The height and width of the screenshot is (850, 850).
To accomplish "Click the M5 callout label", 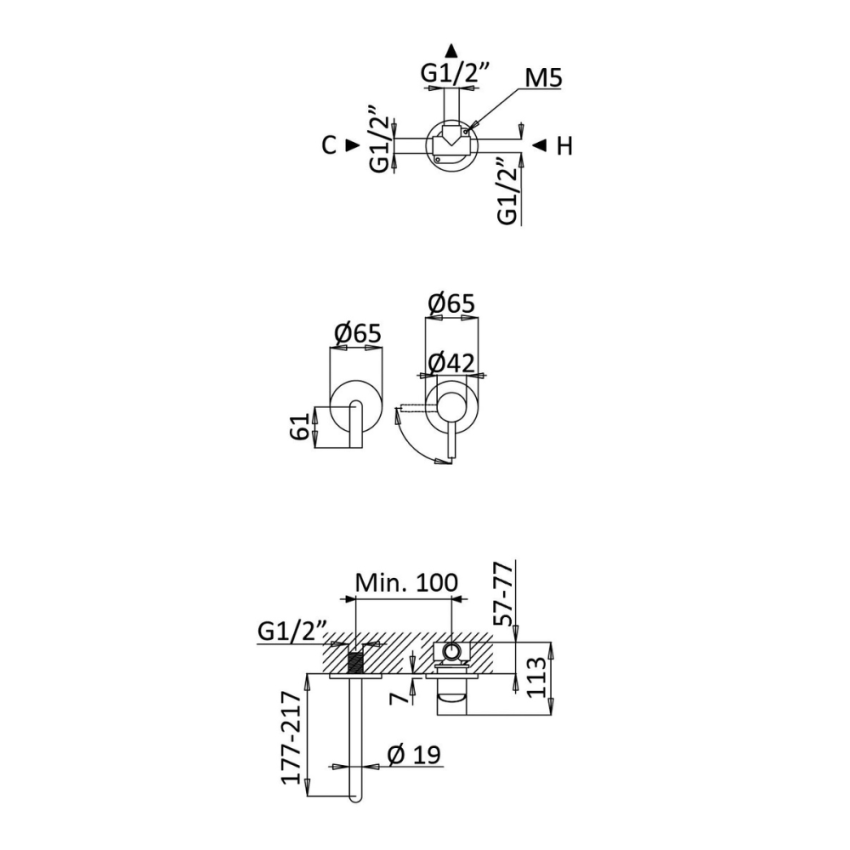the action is coord(544,79).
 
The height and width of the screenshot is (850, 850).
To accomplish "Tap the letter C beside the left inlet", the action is coord(329,145).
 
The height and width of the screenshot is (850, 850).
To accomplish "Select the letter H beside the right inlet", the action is coord(565,146).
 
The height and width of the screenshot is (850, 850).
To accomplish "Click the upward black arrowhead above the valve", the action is coord(451,50).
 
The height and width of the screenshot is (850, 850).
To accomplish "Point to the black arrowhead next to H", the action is coord(539,145).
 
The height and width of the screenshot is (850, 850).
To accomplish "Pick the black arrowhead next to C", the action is coord(353,145).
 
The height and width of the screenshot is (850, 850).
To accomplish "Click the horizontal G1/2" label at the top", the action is coord(456,72).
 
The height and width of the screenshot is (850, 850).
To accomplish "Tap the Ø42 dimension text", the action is coord(451,363).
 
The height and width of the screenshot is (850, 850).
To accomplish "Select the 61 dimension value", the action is coord(299,426).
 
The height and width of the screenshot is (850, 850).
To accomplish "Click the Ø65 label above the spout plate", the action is coord(358,333).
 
